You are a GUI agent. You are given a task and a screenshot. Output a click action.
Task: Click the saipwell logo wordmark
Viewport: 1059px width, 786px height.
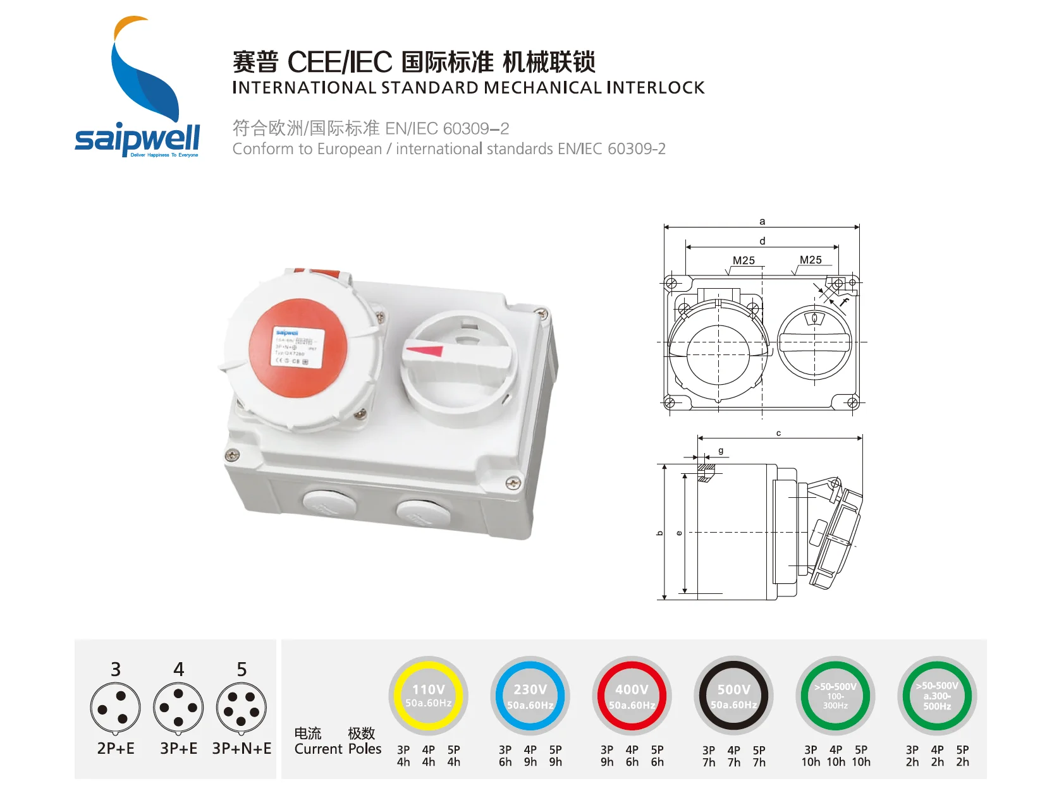click(x=137, y=138)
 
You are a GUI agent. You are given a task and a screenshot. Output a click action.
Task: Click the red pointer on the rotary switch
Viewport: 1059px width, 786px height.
click(x=424, y=349)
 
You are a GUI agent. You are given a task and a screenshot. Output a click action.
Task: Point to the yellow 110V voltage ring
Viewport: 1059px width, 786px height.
click(x=429, y=696)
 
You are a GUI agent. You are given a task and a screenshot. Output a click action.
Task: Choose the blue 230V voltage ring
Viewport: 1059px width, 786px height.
click(x=530, y=696)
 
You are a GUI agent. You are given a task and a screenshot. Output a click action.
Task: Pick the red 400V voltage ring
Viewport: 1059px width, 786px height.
click(x=632, y=696)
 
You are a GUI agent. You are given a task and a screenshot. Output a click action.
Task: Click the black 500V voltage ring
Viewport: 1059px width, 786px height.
click(x=733, y=696)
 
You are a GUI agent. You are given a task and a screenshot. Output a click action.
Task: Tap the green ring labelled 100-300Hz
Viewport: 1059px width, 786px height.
click(x=835, y=696)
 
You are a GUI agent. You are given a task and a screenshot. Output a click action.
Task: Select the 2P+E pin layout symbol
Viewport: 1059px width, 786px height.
click(x=116, y=708)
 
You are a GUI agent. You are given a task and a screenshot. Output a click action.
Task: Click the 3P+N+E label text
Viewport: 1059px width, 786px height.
click(x=242, y=749)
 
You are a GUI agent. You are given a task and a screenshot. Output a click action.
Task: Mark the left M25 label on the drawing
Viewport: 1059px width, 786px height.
click(x=744, y=260)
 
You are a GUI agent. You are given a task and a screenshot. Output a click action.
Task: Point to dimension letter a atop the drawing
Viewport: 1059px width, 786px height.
click(x=762, y=221)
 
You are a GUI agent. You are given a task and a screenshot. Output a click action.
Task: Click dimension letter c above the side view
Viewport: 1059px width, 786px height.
click(x=778, y=433)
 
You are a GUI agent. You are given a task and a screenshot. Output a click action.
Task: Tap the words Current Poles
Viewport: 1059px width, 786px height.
click(x=338, y=749)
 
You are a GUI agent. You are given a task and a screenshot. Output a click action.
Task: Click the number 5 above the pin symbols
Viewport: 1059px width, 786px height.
click(x=242, y=669)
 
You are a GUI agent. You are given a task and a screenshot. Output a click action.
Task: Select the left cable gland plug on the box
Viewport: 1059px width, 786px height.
click(x=328, y=504)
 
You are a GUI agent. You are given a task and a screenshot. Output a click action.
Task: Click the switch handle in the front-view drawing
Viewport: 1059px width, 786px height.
click(x=814, y=342)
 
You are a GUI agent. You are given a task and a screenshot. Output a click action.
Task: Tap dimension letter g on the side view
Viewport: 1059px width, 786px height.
click(x=721, y=450)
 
